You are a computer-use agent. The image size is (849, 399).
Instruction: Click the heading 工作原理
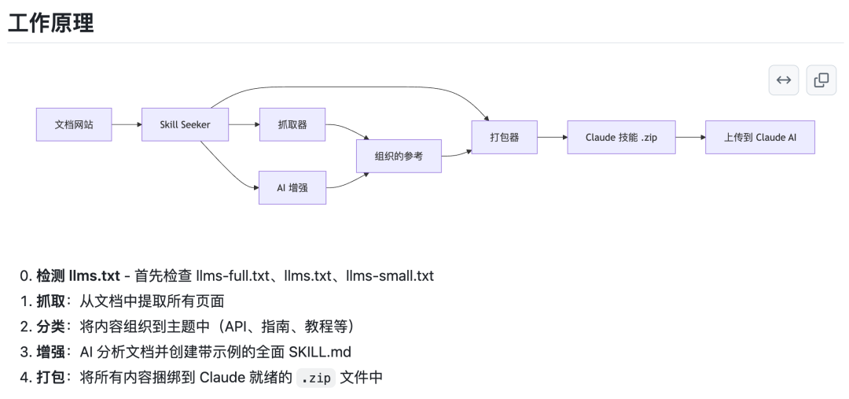coord(51,23)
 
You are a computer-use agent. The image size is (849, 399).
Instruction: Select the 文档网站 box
coord(74,124)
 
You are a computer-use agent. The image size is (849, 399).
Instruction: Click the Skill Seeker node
coord(186,124)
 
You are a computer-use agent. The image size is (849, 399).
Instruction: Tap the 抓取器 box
coord(292,124)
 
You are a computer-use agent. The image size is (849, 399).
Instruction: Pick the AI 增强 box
coord(292,187)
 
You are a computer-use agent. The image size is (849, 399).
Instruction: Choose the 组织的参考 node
coord(399,156)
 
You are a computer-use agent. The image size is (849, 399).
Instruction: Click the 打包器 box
coord(504,137)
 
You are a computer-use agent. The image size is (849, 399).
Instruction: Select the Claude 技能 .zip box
coord(620,137)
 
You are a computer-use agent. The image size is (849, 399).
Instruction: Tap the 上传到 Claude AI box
coord(759,137)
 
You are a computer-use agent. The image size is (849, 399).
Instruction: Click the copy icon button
coord(821,79)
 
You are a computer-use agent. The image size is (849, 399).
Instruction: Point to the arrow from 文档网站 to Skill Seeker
coord(127,124)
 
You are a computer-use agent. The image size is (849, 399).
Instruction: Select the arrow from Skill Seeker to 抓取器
coord(244,124)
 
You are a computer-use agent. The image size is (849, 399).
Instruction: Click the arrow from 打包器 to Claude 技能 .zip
coord(552,137)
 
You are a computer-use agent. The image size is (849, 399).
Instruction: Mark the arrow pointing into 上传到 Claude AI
coord(689,137)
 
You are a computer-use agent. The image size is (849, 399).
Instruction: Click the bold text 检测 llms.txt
coord(78,276)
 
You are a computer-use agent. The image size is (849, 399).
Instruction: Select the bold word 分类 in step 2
coord(50,326)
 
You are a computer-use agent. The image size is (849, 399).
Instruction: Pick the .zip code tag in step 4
coord(316,377)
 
